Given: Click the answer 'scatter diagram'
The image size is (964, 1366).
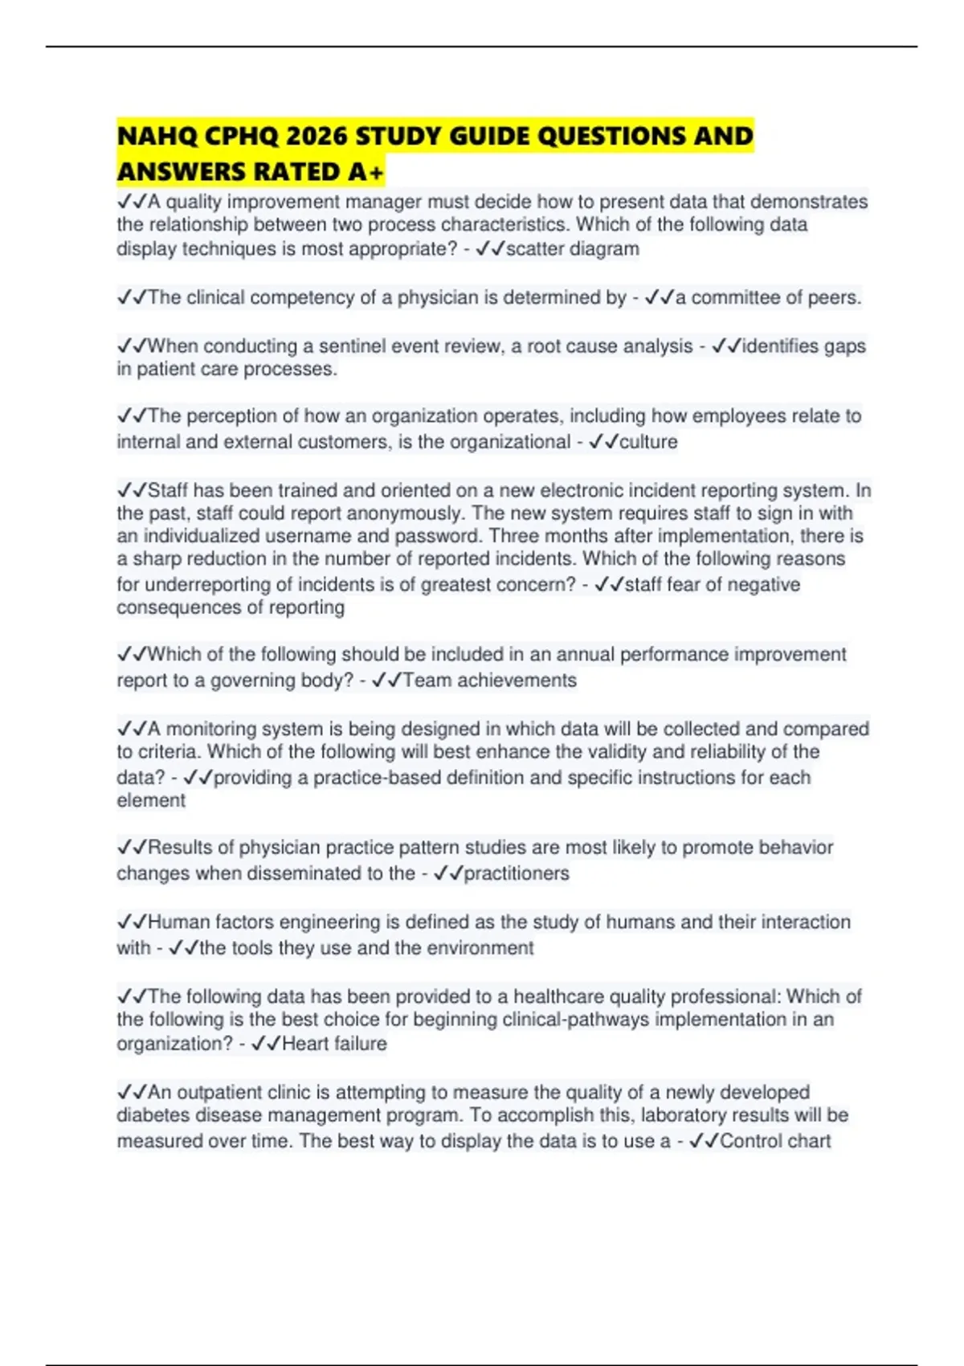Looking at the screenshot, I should coord(572,249).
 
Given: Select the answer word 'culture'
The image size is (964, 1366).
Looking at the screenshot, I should coord(648,442).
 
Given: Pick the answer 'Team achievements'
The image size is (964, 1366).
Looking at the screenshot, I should coord(489,681).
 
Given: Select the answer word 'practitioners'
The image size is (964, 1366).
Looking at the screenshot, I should coord(517,873).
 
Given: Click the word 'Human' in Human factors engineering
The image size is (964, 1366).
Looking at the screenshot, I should coord(178,922).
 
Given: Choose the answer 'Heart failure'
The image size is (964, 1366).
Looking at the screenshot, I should coord(334,1044).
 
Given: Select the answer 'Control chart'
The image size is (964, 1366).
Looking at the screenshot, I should coord(775,1141).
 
